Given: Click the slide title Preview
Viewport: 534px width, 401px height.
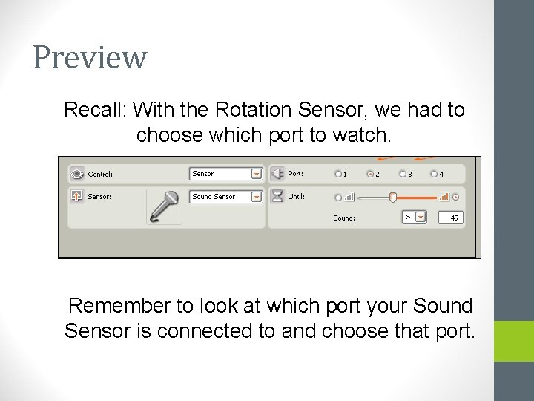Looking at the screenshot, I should pos(90,57).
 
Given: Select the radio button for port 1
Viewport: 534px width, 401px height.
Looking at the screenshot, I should pos(338,174).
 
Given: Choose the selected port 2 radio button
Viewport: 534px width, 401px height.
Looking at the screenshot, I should pos(370,174).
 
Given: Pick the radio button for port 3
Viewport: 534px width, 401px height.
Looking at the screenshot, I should pos(402,174).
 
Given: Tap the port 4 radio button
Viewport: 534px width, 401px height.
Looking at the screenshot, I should pos(434,174).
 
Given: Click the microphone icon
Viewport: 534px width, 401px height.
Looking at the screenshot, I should pos(164,206).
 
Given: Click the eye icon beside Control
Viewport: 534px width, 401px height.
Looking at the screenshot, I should pos(76,174).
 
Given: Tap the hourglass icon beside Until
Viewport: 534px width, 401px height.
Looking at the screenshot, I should pos(277,196).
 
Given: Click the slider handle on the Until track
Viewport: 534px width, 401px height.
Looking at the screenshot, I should pos(393,197).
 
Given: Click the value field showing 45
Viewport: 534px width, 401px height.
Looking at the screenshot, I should pos(449,218).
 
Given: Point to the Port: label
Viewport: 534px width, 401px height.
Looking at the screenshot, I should pos(296,174).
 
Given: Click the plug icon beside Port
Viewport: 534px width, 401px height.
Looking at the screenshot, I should pos(277,174).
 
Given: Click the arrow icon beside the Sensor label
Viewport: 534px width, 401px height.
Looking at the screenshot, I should pos(76,197).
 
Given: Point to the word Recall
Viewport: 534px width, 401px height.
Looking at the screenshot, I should pos(95,110).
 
